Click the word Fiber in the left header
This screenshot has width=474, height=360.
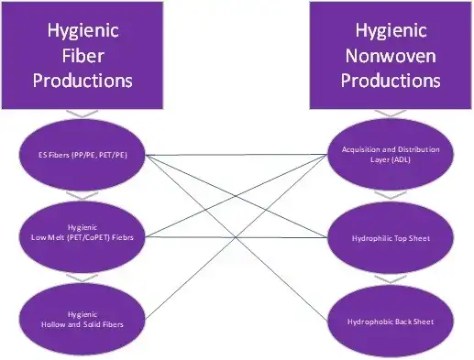pyautogui.click(x=83, y=56)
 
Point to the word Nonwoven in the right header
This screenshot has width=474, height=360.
pyautogui.click(x=391, y=56)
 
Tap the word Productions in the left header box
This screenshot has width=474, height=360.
pyautogui.click(x=83, y=80)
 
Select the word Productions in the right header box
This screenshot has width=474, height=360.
pyautogui.click(x=391, y=80)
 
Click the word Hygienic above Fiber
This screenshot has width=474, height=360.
pyautogui.click(x=83, y=32)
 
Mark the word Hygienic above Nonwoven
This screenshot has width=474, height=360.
pyautogui.click(x=391, y=32)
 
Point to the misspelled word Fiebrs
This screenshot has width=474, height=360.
pyautogui.click(x=129, y=240)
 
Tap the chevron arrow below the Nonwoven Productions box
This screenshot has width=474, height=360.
pyautogui.click(x=391, y=117)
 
